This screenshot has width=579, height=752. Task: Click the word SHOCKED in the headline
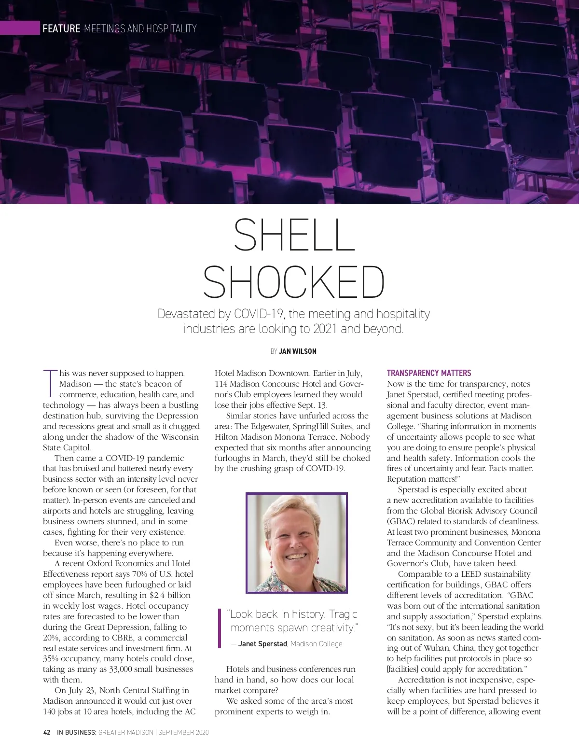[294, 282]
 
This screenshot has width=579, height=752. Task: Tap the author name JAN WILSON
[298, 351]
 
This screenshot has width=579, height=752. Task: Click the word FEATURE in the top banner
[61, 28]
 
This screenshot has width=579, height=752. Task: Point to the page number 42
[47, 732]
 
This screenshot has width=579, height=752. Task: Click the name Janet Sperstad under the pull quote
[262, 644]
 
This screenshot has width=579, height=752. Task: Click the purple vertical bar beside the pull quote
[220, 628]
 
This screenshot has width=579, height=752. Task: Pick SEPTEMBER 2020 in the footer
[183, 732]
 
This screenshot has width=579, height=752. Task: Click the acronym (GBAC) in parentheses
[401, 521]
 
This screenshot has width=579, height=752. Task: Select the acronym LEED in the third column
[471, 574]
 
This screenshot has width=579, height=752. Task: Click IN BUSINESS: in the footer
[77, 732]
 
